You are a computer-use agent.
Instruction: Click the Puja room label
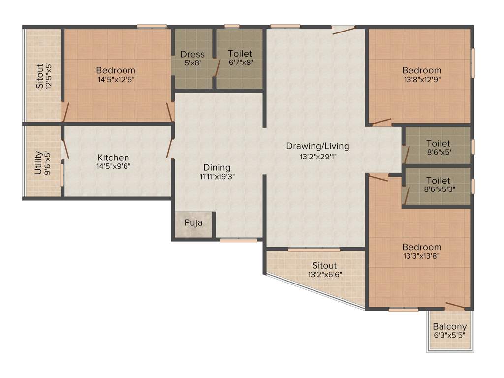[193, 223]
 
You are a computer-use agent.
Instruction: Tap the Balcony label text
[450, 326]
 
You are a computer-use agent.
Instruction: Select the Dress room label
[192, 54]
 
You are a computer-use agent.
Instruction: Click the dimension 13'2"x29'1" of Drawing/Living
[318, 157]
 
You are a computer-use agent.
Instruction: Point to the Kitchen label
[113, 157]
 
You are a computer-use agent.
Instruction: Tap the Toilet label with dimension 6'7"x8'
[240, 53]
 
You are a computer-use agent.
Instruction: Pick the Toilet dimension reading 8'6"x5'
[438, 153]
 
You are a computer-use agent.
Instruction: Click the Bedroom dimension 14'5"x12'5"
[116, 80]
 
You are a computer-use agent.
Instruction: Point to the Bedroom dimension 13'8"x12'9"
[421, 80]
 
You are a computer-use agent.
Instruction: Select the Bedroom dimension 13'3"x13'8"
[421, 256]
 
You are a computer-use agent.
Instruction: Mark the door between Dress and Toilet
[216, 69]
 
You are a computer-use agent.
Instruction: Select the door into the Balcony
[454, 306]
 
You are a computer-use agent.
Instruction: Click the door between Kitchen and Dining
[170, 148]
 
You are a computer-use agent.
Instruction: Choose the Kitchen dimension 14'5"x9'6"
[113, 166]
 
